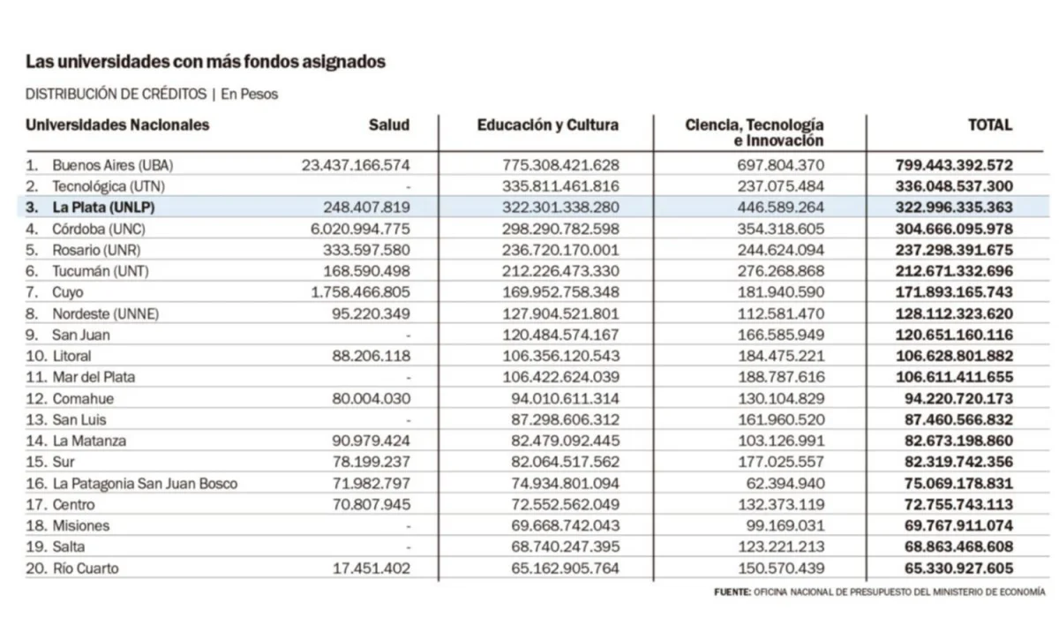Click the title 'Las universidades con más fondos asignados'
(205, 62)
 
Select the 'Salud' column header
(388, 125)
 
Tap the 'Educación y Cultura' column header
(547, 125)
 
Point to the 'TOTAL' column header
(989, 125)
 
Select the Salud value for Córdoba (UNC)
(356, 229)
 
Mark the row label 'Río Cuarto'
(85, 569)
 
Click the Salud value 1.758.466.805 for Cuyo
(356, 292)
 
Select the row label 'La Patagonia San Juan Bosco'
(145, 484)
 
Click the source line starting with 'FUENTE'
(879, 592)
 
